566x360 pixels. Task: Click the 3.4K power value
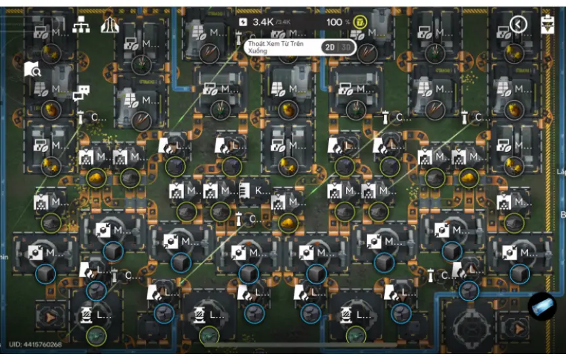coord(263,22)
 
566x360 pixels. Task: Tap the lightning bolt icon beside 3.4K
coord(244,22)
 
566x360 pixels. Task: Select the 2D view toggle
coord(330,47)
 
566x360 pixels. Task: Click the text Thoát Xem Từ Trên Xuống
coord(275,47)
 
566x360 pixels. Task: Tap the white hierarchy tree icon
coord(81,25)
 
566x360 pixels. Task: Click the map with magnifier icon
coord(33,69)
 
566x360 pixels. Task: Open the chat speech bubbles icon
coord(81,94)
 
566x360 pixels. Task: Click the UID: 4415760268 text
coord(35,345)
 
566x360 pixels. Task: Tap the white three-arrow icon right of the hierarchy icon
coord(109,25)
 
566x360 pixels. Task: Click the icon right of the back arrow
coord(548,24)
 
